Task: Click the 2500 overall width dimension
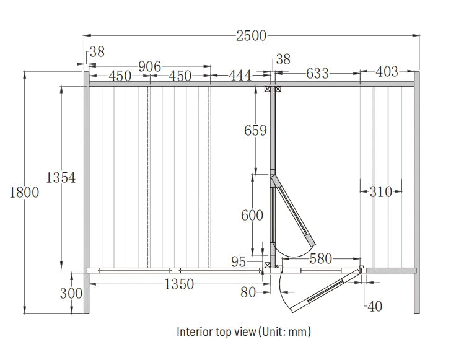coord(251,36)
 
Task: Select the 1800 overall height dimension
coord(24,192)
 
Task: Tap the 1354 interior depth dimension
coord(61,177)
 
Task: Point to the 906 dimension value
coord(150,66)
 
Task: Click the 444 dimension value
coord(240,76)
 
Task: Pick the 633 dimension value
coord(317,74)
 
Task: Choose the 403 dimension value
coord(387,72)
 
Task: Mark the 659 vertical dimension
coord(255,131)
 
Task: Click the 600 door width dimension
coord(252,216)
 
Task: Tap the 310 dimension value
coord(380,192)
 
